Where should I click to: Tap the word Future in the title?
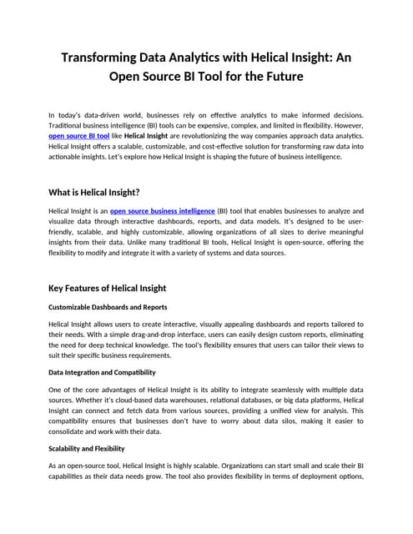pos(280,79)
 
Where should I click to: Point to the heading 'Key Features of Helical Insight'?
pos(118,289)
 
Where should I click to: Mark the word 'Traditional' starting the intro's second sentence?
pos(68,123)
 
